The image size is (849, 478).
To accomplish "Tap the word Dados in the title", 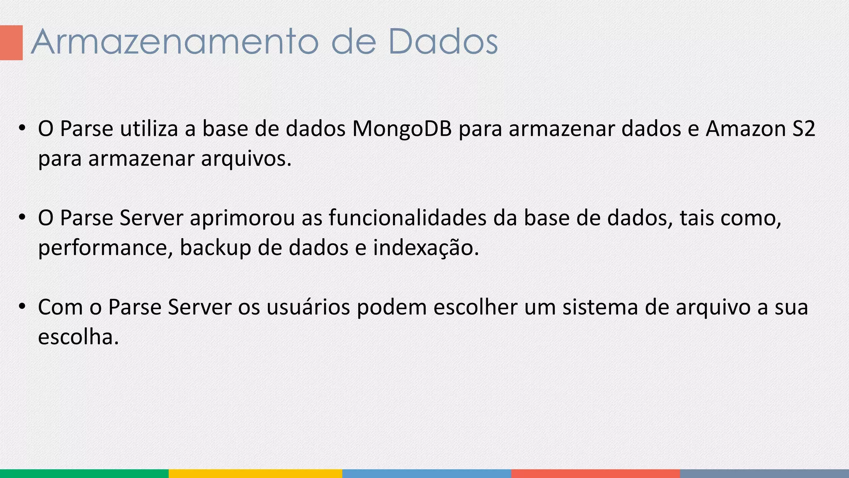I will pos(443,42).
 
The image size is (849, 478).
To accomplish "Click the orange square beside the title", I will pos(11,43).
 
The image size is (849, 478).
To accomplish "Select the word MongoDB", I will pos(402,129).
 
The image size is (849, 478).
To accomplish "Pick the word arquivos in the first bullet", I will pos(246,159).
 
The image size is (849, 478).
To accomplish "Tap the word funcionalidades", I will pos(408,218).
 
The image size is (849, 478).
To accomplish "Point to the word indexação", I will pos(426,248).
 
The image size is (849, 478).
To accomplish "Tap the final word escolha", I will pos(78,337).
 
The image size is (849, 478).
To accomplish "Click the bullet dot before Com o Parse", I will pos(22,307).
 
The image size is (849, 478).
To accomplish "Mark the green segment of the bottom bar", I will pos(84,473).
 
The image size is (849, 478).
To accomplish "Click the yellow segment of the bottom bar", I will pos(255,473).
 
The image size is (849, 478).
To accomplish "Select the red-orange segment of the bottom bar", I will pos(596,473).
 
